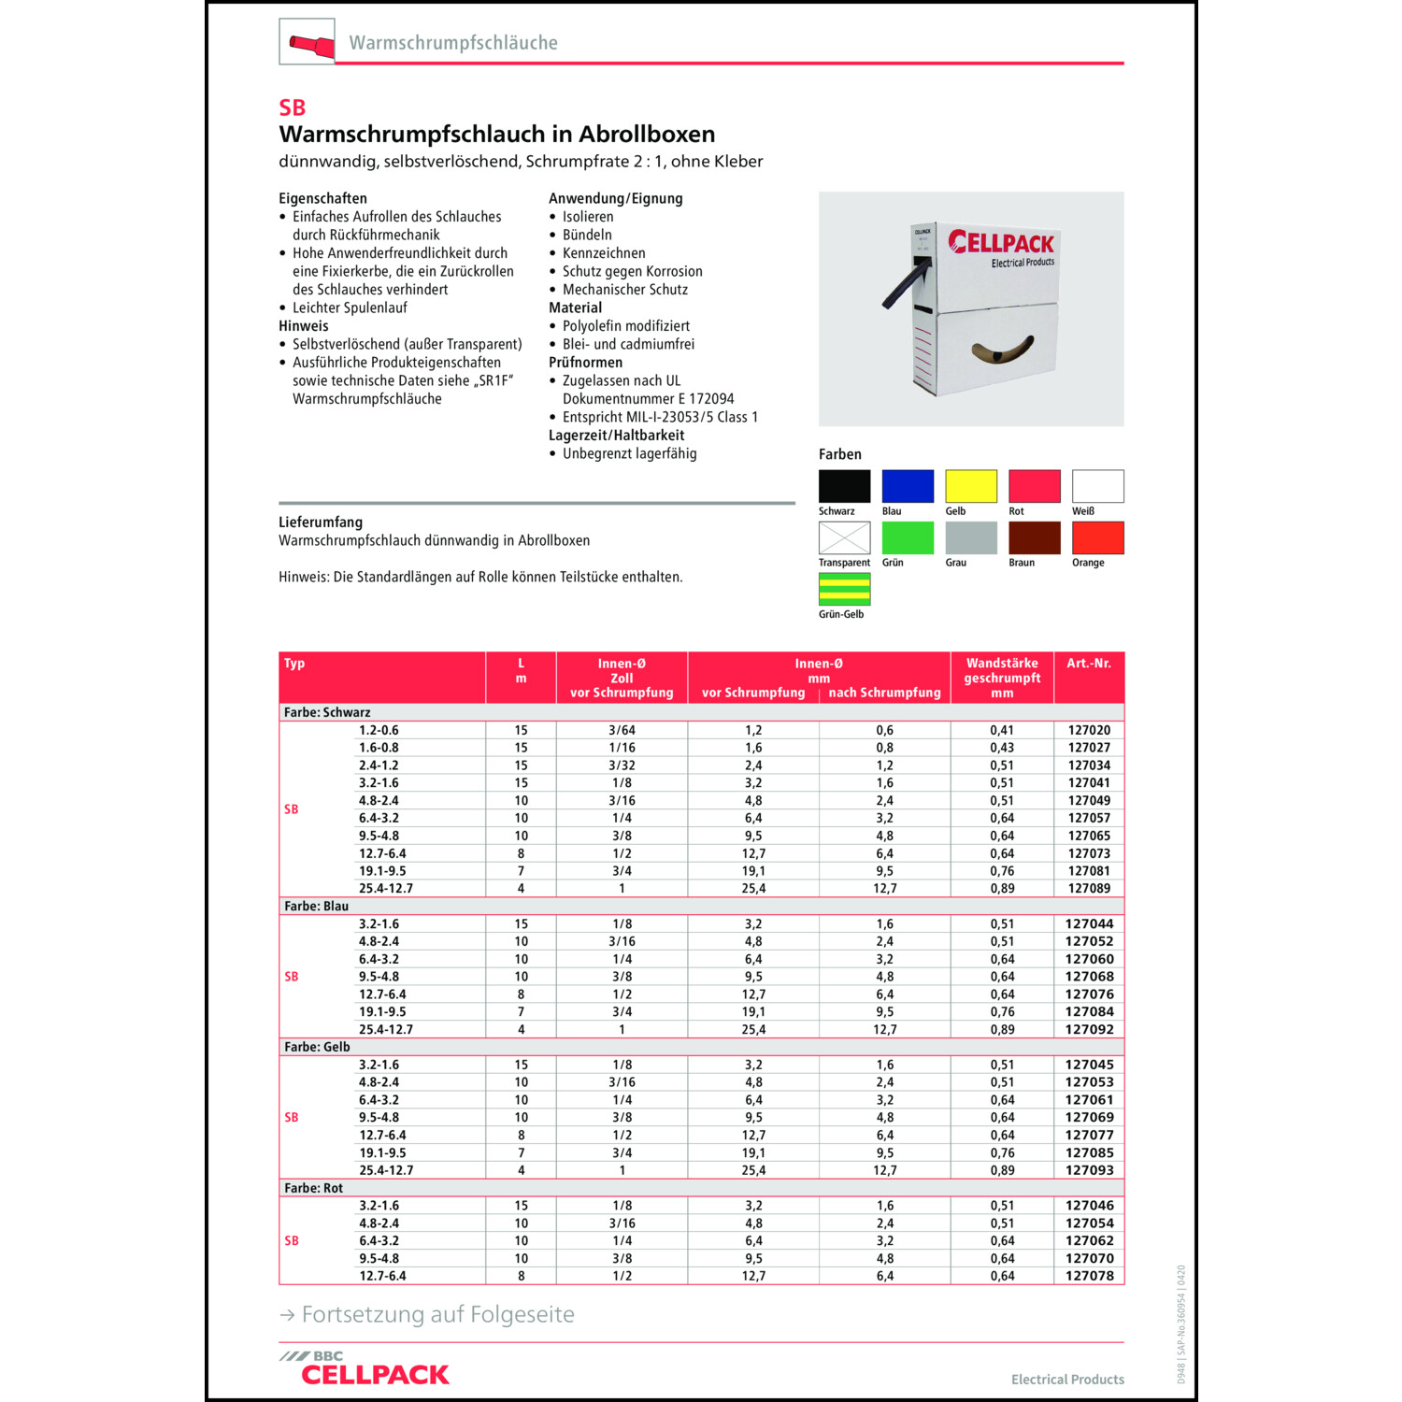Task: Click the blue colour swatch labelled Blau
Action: pyautogui.click(x=907, y=486)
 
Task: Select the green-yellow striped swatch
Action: pyautogui.click(x=844, y=589)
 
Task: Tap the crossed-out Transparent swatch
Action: pyautogui.click(x=844, y=537)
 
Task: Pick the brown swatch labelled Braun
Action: pyautogui.click(x=1034, y=537)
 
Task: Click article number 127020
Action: pyautogui.click(x=1089, y=730)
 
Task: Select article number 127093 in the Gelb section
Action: pyautogui.click(x=1089, y=1170)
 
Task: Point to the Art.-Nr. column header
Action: pyautogui.click(x=1089, y=664)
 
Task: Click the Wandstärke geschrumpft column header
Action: pyautogui.click(x=1002, y=678)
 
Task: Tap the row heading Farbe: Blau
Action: pyautogui.click(x=316, y=907)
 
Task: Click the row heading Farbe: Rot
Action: pyautogui.click(x=313, y=1188)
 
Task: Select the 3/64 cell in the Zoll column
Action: pyautogui.click(x=622, y=730)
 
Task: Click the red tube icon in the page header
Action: pyautogui.click(x=308, y=43)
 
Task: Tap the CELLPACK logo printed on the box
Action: pyautogui.click(x=1001, y=243)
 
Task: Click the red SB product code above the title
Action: pyautogui.click(x=292, y=107)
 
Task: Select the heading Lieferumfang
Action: pyautogui.click(x=321, y=522)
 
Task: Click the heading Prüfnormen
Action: pyautogui.click(x=585, y=363)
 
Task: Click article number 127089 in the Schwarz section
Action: pyautogui.click(x=1089, y=889)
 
